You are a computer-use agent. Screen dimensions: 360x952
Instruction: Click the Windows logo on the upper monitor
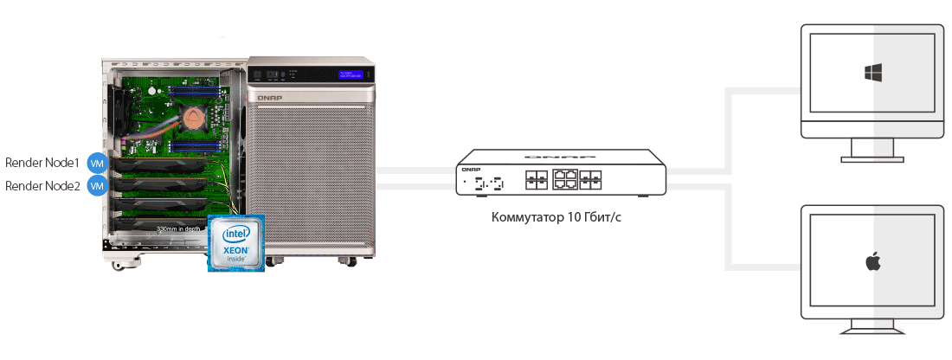click(x=872, y=73)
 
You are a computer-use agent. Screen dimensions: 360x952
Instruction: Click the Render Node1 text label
click(x=42, y=162)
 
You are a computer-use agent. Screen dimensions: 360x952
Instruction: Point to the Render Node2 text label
click(x=42, y=186)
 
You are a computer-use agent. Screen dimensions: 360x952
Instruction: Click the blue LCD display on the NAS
click(x=352, y=74)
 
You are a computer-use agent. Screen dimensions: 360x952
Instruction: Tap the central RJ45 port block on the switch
click(x=566, y=180)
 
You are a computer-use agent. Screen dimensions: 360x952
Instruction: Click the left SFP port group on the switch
click(x=534, y=180)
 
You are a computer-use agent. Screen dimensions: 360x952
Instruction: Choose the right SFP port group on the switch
click(x=593, y=180)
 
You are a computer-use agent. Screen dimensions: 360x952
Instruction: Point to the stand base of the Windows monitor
click(x=872, y=159)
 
